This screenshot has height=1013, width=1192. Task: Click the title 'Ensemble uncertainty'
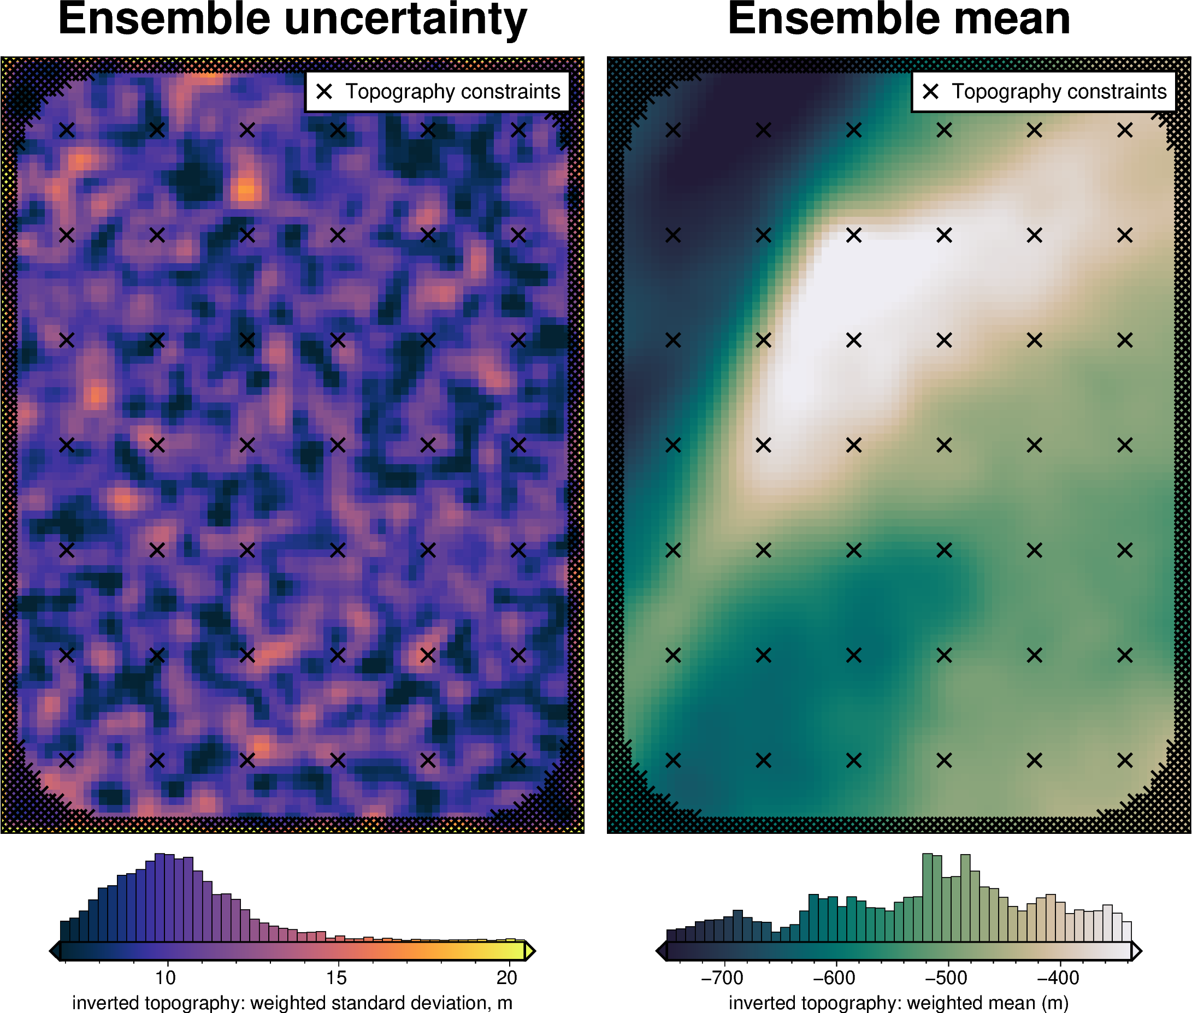[292, 19]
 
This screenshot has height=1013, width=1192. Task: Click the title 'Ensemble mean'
[899, 19]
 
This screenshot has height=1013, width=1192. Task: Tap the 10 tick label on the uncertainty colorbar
[166, 977]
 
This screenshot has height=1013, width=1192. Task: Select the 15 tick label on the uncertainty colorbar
[336, 977]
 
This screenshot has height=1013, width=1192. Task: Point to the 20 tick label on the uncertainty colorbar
[506, 977]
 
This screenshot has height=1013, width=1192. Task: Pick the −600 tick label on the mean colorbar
[834, 977]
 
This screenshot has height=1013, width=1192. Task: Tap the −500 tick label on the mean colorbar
[946, 977]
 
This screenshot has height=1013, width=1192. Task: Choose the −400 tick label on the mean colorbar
[1058, 977]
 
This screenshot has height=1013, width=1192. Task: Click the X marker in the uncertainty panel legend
[324, 91]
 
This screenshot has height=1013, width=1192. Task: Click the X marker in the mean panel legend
[931, 91]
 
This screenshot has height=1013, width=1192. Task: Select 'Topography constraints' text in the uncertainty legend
[453, 91]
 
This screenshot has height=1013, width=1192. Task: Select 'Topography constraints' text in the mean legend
[1059, 91]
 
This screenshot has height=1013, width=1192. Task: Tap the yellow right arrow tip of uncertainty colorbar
[531, 951]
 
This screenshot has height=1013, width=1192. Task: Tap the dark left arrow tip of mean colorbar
[660, 951]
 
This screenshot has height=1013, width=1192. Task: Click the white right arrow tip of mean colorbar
[1137, 951]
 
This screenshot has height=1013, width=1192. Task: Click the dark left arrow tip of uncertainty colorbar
[55, 951]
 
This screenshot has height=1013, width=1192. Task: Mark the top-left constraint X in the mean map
[673, 131]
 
